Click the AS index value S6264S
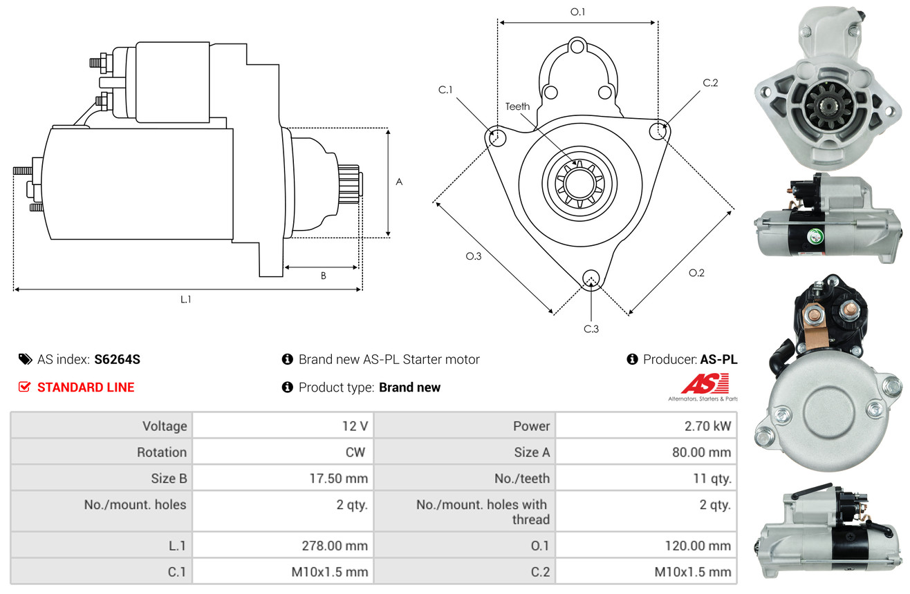click(117, 359)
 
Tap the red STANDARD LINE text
click(86, 387)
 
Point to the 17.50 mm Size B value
click(339, 479)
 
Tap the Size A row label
click(532, 452)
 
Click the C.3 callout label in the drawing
click(591, 329)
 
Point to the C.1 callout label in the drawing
click(445, 90)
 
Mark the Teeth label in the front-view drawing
click(517, 106)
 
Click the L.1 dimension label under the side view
click(185, 300)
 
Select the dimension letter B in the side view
click(324, 276)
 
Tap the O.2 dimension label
click(696, 273)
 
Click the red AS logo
click(705, 384)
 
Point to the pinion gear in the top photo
click(826, 106)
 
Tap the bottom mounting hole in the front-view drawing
click(591, 279)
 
